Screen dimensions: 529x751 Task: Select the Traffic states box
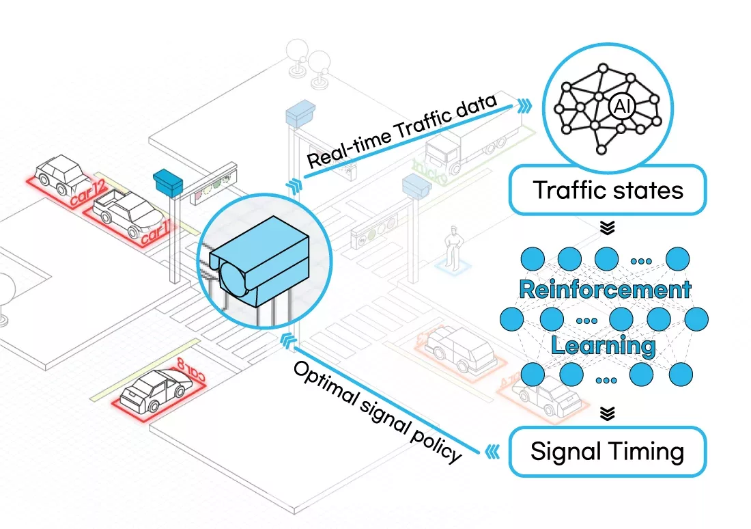tap(607, 189)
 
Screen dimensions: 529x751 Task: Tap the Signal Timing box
tap(607, 452)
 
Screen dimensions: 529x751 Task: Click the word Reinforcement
tap(605, 289)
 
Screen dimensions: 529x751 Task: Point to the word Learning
tap(603, 345)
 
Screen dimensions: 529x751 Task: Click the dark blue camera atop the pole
tap(169, 182)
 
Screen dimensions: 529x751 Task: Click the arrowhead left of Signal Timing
tap(493, 451)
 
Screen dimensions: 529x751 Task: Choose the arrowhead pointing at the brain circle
tap(524, 105)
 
